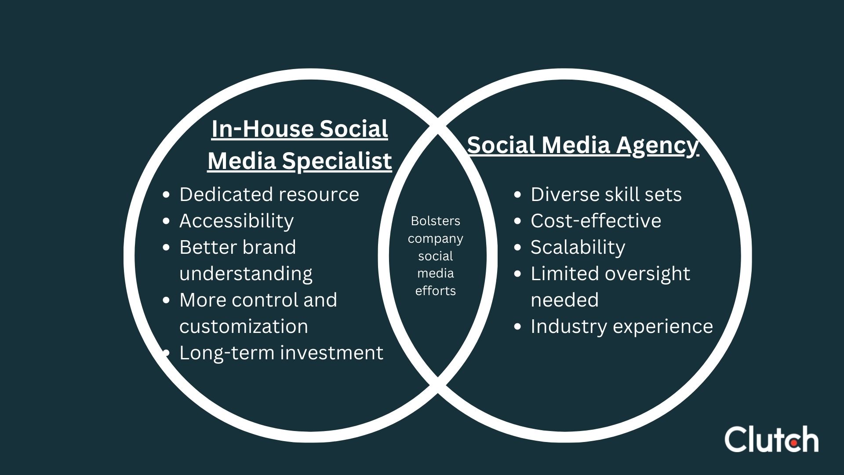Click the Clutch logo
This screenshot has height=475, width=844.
[x=771, y=439]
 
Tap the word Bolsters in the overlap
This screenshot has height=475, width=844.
[x=435, y=221]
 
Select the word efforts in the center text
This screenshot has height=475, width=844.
[x=435, y=291]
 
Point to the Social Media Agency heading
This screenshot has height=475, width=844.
[x=582, y=145]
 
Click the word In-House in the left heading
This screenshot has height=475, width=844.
[x=262, y=129]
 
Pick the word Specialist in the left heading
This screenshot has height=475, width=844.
[x=337, y=161]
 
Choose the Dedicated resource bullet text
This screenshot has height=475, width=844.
[x=269, y=194]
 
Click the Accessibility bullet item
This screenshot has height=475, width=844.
[x=236, y=221]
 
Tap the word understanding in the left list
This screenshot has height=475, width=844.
[x=246, y=274]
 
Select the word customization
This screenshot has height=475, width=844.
[x=244, y=326]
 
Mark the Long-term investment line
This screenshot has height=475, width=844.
[x=281, y=353]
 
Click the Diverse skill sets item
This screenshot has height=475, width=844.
[x=606, y=194]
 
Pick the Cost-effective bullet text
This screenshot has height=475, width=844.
[x=596, y=221]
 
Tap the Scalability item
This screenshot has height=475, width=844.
[x=578, y=247]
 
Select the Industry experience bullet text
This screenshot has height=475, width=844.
[x=622, y=326]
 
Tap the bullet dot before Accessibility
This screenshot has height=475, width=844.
[x=166, y=221]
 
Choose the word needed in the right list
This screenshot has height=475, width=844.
[x=564, y=300]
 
